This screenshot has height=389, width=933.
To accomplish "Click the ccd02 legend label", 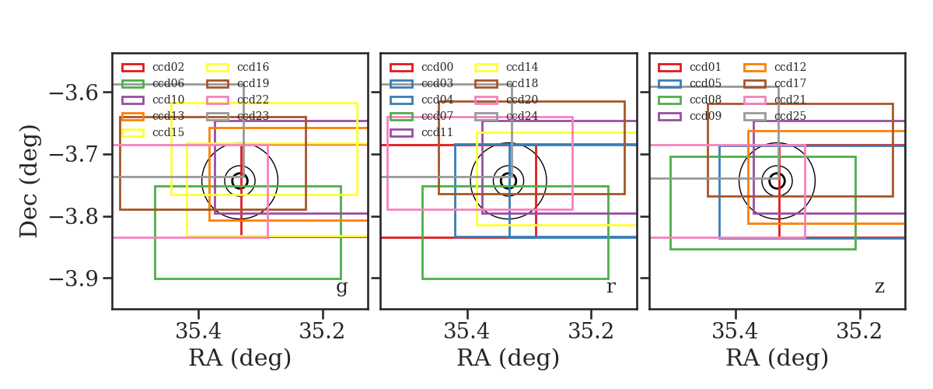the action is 168,67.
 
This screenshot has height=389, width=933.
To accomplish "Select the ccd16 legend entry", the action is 253,67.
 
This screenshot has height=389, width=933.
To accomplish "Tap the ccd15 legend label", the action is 168,132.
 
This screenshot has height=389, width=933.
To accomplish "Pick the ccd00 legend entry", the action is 437,67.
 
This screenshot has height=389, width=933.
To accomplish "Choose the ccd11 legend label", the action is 437,132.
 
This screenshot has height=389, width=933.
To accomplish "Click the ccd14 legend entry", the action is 522,67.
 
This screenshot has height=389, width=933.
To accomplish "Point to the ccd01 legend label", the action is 705,67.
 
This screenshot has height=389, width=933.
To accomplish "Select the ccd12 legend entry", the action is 790,67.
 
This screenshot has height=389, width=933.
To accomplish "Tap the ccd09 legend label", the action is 705,116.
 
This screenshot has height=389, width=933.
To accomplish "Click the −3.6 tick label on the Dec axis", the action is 74,93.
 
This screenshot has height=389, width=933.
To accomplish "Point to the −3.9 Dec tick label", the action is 74,279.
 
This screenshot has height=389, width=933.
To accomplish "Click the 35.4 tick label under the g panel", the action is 198,331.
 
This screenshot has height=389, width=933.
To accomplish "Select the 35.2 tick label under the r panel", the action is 591,331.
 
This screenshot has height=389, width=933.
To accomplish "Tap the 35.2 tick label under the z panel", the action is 859,331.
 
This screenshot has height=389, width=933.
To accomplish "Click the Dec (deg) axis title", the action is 30,181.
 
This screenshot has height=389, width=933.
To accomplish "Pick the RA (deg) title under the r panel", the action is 508,358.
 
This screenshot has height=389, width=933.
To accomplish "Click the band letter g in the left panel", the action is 341,288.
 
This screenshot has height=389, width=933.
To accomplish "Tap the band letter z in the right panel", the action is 879,287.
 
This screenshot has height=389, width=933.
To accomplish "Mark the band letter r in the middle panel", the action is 610,287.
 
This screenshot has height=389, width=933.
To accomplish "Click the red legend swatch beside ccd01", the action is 669,68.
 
